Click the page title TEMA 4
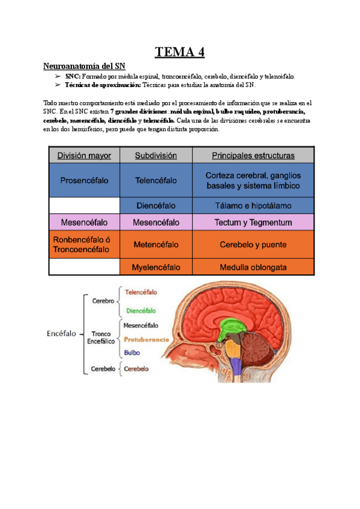[x=180, y=53]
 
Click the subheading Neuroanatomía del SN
[x=85, y=65]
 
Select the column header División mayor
[x=84, y=155]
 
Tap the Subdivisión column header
[x=156, y=155]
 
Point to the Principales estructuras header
[x=253, y=155]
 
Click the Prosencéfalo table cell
[x=84, y=179]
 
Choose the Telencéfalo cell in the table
[x=156, y=179]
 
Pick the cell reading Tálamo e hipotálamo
[x=253, y=205]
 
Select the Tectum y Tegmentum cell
[x=253, y=223]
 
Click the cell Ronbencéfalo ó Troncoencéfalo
[x=84, y=244]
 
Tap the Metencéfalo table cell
[x=156, y=244]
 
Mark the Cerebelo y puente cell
[x=253, y=244]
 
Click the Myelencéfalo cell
[x=156, y=267]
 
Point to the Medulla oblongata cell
[x=253, y=267]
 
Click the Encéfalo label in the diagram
[x=62, y=334]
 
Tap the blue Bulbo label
[x=133, y=352]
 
